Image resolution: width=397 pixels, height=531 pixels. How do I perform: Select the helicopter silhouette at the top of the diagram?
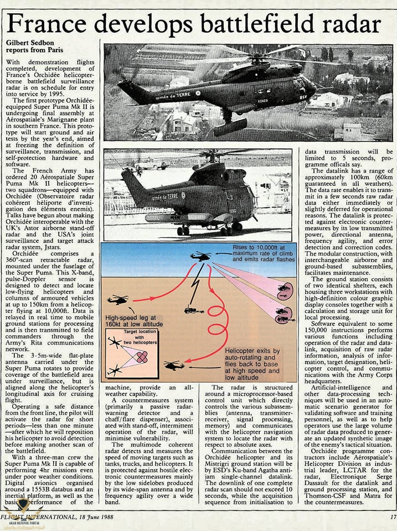[200, 256]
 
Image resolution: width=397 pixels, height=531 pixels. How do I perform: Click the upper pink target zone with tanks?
[283, 288]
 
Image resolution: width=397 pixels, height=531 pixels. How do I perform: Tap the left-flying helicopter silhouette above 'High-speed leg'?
[118, 300]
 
